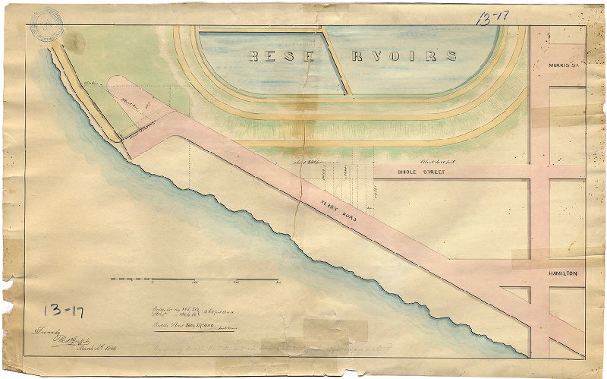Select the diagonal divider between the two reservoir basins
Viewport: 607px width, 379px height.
(335, 61)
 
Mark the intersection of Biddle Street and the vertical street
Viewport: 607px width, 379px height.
(539, 172)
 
